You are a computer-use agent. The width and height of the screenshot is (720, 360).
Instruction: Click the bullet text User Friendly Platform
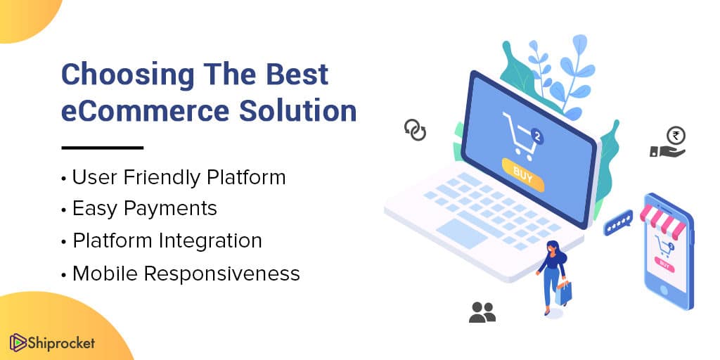[179, 178]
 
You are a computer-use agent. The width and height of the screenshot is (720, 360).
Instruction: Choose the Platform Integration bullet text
[167, 241]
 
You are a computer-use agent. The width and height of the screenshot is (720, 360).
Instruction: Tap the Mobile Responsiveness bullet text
[186, 274]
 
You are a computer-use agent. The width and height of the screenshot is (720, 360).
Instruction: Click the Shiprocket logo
[52, 342]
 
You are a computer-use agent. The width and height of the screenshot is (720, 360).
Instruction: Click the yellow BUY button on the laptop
[523, 175]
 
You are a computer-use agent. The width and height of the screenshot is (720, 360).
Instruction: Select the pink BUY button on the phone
[664, 264]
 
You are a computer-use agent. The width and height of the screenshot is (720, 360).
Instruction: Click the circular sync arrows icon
[415, 130]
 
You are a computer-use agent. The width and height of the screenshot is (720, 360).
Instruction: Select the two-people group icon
[482, 312]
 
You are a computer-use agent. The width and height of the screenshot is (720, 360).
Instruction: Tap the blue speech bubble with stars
[618, 223]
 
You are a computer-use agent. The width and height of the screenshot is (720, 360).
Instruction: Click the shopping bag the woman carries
[563, 292]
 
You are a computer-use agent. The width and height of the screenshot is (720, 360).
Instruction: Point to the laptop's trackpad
[461, 233]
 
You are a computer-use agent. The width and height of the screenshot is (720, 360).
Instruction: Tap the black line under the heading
[103, 148]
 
